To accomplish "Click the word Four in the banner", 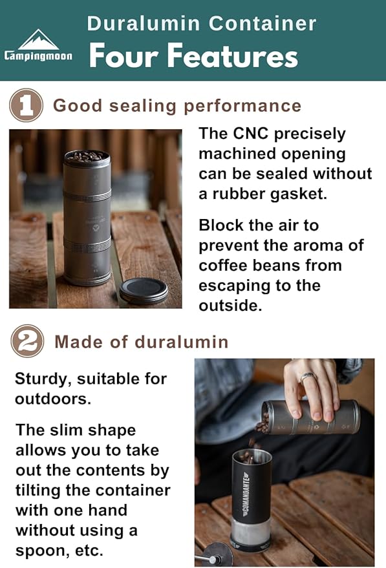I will (124, 56).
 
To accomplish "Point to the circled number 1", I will (27, 105).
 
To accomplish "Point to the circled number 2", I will (27, 341).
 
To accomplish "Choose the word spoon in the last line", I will (38, 551).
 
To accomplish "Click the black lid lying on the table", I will (144, 289).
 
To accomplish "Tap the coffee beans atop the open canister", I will (86, 156).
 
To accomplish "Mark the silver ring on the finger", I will (308, 377).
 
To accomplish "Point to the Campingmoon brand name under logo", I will (38, 56).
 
